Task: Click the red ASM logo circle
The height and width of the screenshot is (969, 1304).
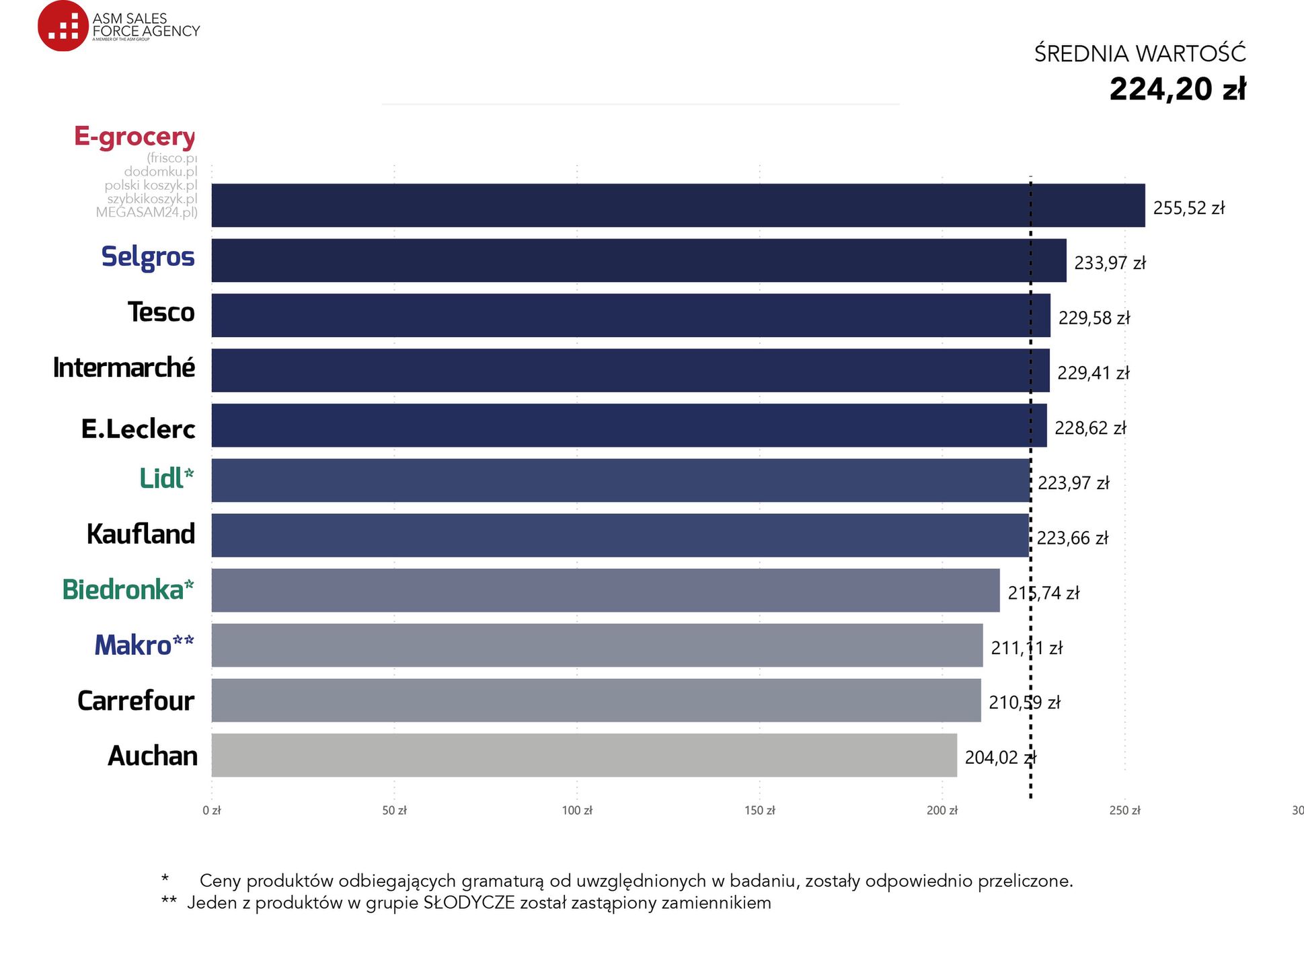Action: point(63,26)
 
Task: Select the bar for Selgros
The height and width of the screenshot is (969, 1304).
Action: point(638,260)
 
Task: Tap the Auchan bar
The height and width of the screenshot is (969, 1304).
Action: point(584,755)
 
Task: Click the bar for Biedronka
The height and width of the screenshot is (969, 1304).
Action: point(605,590)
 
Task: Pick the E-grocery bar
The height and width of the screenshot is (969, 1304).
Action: point(678,205)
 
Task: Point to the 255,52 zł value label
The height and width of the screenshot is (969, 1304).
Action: point(1188,208)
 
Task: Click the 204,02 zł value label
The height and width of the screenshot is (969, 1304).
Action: point(1000,758)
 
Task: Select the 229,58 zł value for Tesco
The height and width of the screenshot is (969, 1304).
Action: point(1094,318)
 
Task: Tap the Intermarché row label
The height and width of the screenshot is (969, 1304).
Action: point(124,368)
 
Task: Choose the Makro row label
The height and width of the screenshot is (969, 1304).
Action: point(144,645)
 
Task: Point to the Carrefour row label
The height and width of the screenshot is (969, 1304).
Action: point(136,701)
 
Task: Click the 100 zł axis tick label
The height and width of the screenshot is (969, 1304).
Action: point(577,811)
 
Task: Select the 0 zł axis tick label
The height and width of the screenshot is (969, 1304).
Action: point(212,811)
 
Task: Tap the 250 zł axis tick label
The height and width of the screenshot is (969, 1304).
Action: point(1124,811)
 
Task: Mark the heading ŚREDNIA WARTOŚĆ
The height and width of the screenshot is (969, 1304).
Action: point(1140,54)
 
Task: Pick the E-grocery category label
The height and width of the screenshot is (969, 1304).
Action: point(135,137)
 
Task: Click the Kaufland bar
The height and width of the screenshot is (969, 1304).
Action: point(620,536)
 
